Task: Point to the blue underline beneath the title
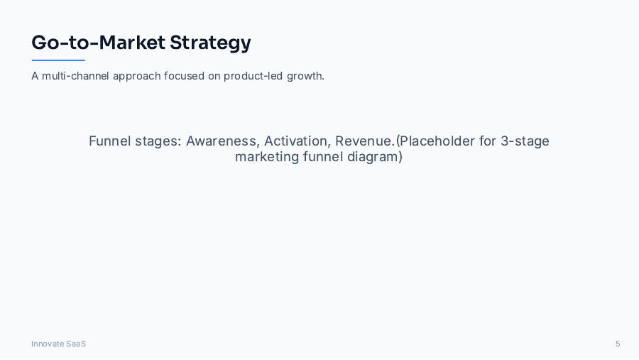(58, 60)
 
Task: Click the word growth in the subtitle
(305, 76)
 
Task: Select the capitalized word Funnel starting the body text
(110, 141)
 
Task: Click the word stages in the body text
(158, 141)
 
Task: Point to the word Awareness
(222, 141)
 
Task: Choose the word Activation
(297, 141)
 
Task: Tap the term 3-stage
(525, 141)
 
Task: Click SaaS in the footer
(76, 344)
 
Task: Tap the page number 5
(618, 344)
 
